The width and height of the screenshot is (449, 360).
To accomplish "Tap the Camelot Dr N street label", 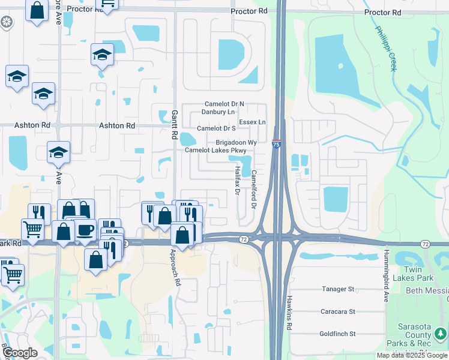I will click(x=224, y=104).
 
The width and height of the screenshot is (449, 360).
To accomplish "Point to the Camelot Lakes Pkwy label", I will click(x=215, y=150).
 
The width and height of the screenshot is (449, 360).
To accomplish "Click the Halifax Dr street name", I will click(x=237, y=181).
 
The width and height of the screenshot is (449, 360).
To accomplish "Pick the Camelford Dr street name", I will click(x=254, y=189).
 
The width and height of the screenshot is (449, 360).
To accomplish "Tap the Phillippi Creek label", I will click(x=386, y=49).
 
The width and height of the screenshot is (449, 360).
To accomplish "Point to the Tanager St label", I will click(x=338, y=289).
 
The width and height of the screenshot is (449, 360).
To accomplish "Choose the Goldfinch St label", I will click(x=338, y=334).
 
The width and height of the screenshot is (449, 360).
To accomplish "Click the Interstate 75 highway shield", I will click(x=276, y=144).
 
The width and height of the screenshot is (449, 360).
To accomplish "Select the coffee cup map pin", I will click(x=85, y=229).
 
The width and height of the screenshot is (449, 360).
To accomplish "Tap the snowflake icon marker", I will click(x=7, y=23).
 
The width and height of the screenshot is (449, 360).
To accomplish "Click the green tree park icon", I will click(x=440, y=332).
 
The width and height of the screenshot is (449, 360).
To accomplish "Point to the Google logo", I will click(x=20, y=352).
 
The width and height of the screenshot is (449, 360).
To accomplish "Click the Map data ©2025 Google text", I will click(x=411, y=355).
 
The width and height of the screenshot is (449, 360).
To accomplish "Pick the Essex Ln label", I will click(x=252, y=122).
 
